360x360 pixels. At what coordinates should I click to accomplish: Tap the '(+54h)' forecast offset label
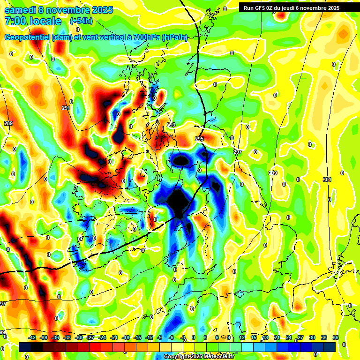pos(81,21)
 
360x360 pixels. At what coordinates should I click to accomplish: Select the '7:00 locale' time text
pos(33,21)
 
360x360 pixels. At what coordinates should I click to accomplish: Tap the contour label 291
pos(66,108)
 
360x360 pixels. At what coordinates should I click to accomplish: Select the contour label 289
pos(8,123)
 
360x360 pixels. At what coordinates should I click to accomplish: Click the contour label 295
pos(199,139)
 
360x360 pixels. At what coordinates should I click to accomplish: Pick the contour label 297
pos(237,152)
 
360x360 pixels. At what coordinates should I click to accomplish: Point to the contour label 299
pos(273,173)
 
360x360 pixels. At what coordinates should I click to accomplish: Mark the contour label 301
pos(327,180)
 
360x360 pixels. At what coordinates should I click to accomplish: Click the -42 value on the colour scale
pos(32,337)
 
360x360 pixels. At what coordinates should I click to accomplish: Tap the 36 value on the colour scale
pos(336,337)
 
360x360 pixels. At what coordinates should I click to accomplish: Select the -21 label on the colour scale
pos(114,337)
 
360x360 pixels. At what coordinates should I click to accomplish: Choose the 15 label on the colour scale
pos(254,337)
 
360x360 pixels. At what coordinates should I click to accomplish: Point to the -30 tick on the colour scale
pos(79,337)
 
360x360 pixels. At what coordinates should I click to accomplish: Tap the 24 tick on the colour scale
pos(289,337)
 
